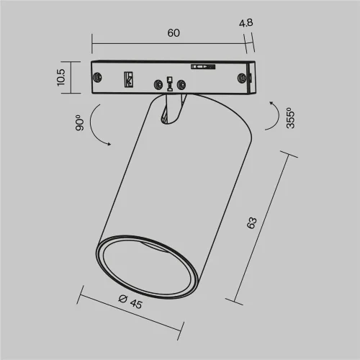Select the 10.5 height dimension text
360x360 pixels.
63,77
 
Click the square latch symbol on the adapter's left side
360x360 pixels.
130,78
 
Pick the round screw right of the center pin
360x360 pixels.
183,85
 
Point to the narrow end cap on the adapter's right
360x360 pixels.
249,77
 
